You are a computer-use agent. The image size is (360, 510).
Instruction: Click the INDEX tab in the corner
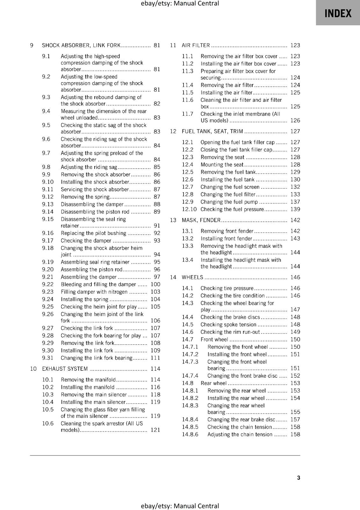[338, 13]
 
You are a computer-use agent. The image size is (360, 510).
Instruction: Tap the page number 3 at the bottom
[299, 477]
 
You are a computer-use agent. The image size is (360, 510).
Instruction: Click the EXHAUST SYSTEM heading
[65, 369]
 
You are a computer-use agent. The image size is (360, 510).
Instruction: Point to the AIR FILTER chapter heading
[196, 45]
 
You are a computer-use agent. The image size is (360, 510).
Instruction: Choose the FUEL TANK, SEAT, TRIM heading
[212, 131]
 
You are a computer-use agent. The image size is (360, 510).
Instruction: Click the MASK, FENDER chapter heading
[201, 220]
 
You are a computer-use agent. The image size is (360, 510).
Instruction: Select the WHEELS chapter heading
[192, 277]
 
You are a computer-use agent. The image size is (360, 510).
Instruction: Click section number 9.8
[46, 167]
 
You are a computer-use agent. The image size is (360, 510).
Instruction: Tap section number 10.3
[48, 395]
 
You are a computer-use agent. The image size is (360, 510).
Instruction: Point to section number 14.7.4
[190, 376]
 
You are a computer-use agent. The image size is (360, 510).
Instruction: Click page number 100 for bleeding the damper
[155, 284]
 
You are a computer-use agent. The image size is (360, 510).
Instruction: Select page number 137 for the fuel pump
[295, 202]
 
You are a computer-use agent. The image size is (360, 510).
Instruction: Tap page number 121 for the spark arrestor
[155, 430]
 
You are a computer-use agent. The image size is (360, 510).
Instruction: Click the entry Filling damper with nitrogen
[94, 292]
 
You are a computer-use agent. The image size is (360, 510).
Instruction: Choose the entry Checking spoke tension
[228, 324]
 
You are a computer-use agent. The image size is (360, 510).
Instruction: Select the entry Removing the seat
[222, 157]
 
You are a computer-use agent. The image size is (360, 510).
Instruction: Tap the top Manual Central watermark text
[180, 4]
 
